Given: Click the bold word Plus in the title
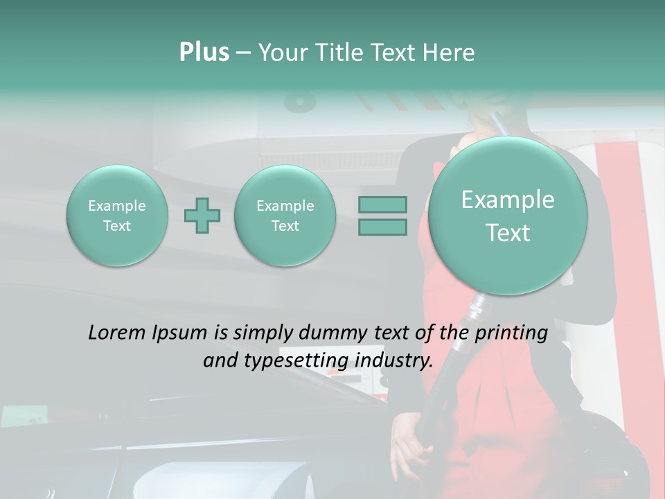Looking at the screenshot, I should click(x=204, y=53).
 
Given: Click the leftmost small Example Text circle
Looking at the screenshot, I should click(x=117, y=216).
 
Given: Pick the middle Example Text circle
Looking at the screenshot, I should click(x=285, y=216).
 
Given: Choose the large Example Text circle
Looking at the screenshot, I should click(x=508, y=216).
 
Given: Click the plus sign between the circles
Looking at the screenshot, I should click(x=202, y=216).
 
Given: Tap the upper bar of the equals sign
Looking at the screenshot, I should click(x=382, y=204).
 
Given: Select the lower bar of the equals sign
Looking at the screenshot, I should click(x=382, y=227).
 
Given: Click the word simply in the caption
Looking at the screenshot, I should click(x=264, y=333).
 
